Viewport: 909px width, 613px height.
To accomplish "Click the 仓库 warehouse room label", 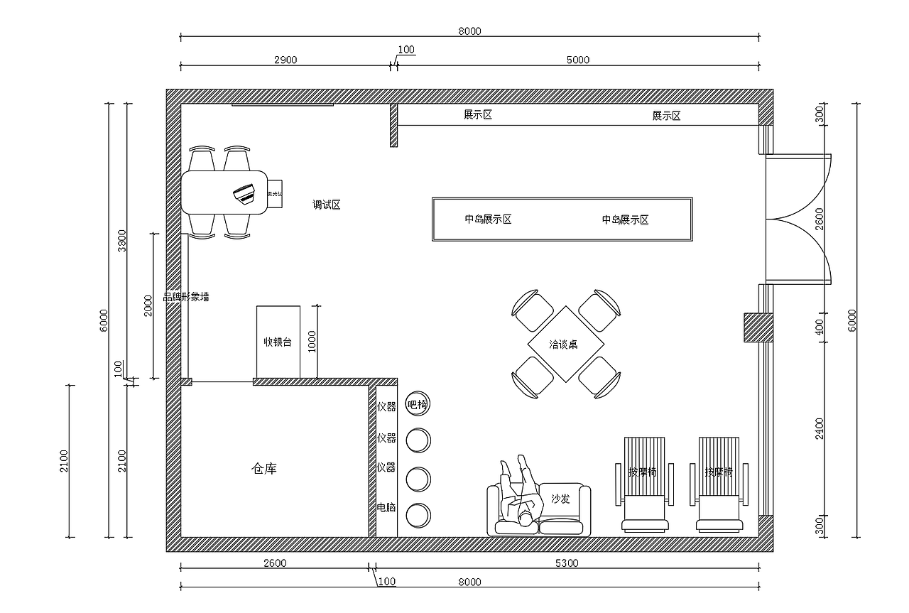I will [x=264, y=469].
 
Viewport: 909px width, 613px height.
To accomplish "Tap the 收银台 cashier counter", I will [x=278, y=342].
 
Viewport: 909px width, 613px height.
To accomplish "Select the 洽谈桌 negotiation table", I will [x=564, y=345].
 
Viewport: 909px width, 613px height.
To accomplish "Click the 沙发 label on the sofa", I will [x=560, y=499].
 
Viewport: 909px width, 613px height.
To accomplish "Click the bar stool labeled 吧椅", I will [x=418, y=405].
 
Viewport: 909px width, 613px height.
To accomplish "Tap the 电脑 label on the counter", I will [x=386, y=508].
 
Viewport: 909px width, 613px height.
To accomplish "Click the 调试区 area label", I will [x=327, y=205].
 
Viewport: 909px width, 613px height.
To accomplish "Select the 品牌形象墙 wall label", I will [x=186, y=297].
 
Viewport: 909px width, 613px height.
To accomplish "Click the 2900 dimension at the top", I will [x=285, y=60].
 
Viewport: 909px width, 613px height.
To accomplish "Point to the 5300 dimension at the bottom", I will [x=566, y=563].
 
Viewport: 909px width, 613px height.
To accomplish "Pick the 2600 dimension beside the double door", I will [x=819, y=219].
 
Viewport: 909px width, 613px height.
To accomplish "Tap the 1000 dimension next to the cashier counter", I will [x=312, y=341].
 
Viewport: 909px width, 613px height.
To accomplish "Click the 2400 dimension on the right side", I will [x=819, y=428].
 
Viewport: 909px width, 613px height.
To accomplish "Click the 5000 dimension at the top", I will [x=577, y=60].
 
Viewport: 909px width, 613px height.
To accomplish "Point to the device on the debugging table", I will [x=244, y=193].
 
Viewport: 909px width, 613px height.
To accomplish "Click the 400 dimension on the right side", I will [x=819, y=327].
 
